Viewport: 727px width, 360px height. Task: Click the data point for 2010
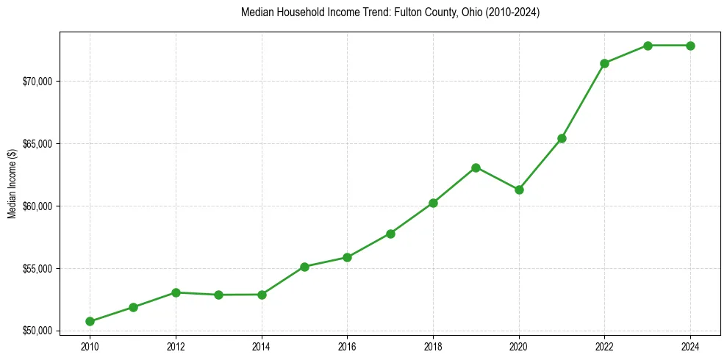[x=90, y=321]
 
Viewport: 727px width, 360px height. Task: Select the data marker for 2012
[x=176, y=292]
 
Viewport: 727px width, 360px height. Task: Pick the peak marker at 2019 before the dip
[x=476, y=168]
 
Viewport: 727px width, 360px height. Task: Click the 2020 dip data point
[x=519, y=190]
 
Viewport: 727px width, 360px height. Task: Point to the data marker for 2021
[x=562, y=138]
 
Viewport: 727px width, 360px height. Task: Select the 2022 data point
[x=604, y=63]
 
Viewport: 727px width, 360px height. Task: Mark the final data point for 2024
[x=690, y=46]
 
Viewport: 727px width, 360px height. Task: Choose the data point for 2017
[x=390, y=234]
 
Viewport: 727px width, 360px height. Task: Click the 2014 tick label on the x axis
[x=262, y=345]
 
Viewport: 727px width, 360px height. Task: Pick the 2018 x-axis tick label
[x=433, y=345]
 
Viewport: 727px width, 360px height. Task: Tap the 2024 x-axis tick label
[x=690, y=345]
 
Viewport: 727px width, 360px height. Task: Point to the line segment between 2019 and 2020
[x=498, y=179]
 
